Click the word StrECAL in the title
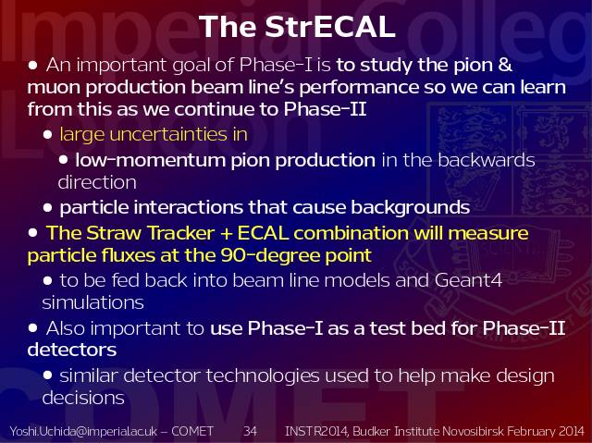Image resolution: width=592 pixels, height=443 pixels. [x=330, y=27]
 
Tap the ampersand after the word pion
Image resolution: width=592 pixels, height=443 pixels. [x=505, y=65]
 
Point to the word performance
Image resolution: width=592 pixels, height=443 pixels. [x=359, y=88]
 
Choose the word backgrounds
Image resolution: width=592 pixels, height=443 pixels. [x=411, y=207]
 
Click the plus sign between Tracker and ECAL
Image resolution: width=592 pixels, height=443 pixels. [x=226, y=233]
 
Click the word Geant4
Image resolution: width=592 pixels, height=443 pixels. [x=468, y=280]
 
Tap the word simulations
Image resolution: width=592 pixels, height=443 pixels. [x=92, y=302]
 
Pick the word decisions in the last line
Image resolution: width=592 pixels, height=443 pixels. [x=83, y=398]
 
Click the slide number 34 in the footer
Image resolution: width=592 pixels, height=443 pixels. [x=250, y=431]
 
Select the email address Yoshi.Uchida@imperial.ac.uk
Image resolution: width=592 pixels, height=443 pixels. [x=83, y=431]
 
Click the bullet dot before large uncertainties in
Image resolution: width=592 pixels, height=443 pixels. [x=47, y=134]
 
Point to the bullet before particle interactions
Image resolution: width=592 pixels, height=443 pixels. [x=47, y=207]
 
